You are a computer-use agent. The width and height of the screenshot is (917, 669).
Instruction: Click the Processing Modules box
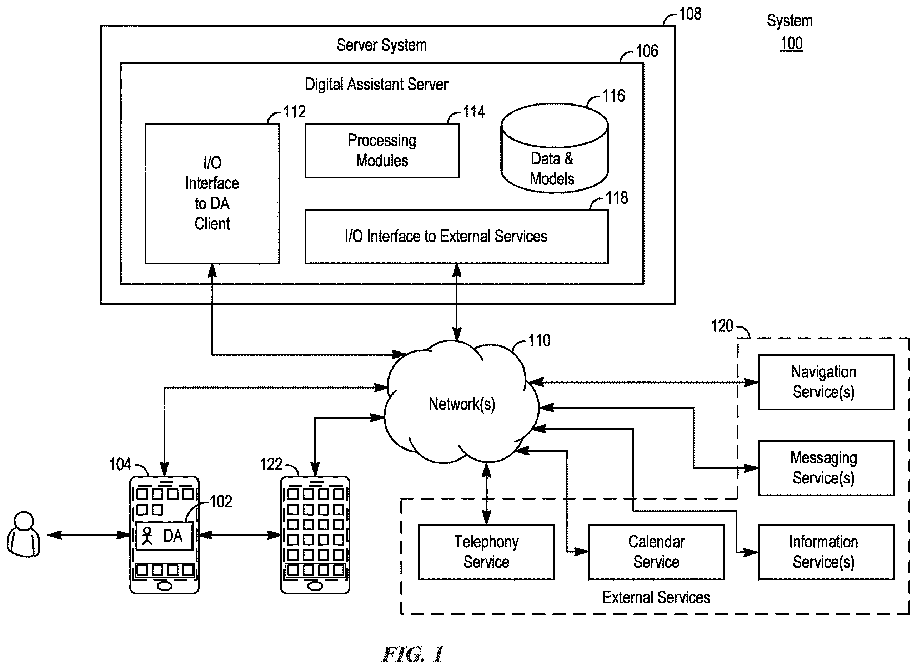(382, 151)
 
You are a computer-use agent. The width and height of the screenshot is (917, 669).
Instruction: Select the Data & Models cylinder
(554, 148)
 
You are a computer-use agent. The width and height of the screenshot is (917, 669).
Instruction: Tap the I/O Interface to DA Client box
(212, 194)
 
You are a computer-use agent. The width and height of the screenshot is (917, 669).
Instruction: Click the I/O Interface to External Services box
(457, 237)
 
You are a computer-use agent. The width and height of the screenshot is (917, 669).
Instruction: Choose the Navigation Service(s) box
(826, 382)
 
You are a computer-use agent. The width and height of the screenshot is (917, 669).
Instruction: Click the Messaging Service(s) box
(826, 468)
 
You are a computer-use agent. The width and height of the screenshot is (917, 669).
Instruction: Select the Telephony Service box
(486, 552)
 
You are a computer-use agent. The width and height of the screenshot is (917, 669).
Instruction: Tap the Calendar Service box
(656, 552)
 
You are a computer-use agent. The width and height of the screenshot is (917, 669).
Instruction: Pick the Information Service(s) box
(826, 552)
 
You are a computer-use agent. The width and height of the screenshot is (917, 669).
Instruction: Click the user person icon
(24, 534)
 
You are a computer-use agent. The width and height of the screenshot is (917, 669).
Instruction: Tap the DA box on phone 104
(165, 536)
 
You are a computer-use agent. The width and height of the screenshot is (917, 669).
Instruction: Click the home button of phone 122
(315, 586)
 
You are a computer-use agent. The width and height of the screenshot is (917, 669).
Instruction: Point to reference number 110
(539, 341)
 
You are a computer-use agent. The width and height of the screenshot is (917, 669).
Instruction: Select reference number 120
(722, 326)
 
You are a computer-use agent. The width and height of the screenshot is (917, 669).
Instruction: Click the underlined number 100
(791, 43)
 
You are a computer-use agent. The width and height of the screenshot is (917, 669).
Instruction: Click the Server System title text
(382, 45)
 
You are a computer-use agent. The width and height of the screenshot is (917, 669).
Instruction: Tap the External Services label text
(656, 597)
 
